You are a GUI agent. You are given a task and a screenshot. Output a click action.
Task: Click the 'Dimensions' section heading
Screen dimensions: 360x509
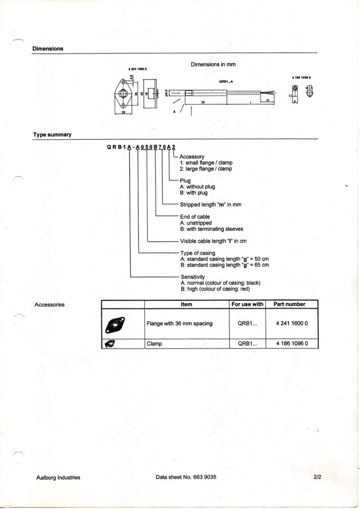point(48,49)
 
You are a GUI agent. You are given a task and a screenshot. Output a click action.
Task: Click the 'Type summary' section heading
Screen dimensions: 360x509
point(52,135)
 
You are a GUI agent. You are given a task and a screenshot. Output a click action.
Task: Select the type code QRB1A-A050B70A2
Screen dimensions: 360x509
point(139,147)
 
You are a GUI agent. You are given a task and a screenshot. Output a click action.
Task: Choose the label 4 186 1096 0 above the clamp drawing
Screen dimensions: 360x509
point(301,78)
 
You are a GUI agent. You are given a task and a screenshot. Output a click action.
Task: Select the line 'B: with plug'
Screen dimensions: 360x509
point(194,193)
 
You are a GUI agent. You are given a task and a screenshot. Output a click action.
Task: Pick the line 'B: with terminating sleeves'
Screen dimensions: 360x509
point(211,229)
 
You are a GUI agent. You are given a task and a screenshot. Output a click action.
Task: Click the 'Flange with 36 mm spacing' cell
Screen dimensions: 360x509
point(180,324)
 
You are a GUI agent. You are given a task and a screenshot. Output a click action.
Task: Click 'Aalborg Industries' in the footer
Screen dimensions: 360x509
point(59,478)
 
